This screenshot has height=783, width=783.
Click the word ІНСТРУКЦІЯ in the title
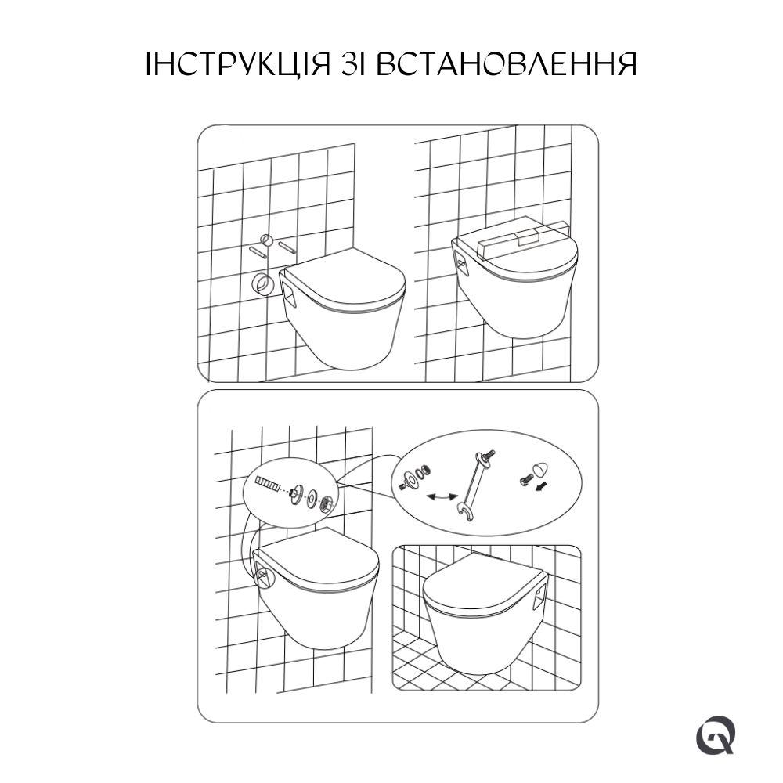(x=239, y=64)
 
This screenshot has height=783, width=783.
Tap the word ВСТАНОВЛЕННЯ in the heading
(x=506, y=64)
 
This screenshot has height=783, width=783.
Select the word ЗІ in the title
(x=353, y=64)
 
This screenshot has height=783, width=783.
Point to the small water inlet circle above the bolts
(x=267, y=240)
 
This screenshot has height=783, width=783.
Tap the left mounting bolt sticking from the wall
(x=258, y=251)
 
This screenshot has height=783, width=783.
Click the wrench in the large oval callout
(x=474, y=484)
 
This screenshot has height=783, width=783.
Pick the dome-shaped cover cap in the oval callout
(x=539, y=469)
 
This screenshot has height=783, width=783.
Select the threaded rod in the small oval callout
(x=268, y=483)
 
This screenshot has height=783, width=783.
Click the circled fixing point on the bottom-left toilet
(x=264, y=579)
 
